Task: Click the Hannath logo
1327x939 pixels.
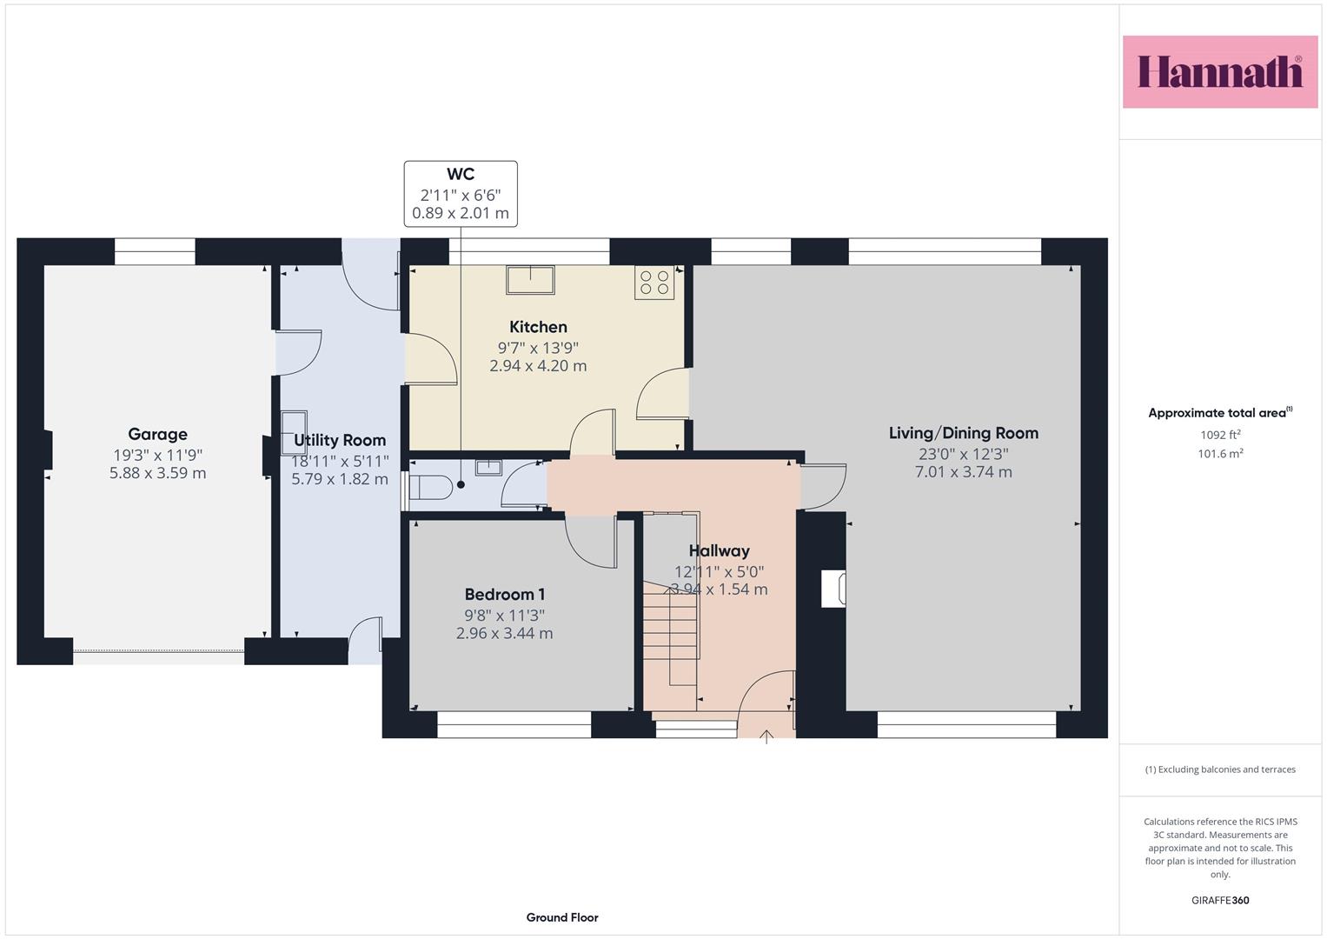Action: [x=1220, y=71]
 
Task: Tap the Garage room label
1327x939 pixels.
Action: [x=157, y=434]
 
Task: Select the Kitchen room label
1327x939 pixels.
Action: [x=538, y=327]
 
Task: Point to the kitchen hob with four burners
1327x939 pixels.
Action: [x=654, y=283]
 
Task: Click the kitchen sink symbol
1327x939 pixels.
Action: [x=530, y=280]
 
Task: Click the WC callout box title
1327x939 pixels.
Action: [x=461, y=174]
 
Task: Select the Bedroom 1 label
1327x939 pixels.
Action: [x=504, y=594]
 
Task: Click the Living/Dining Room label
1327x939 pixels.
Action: [x=963, y=433]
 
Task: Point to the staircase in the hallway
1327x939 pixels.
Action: [x=671, y=633]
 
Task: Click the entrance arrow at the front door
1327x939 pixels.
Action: [x=766, y=737]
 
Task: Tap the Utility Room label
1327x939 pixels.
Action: [x=340, y=440]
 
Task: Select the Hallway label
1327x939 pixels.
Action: [x=720, y=550]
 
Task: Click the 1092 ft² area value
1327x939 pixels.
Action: [x=1220, y=435]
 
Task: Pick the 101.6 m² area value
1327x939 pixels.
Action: [x=1220, y=454]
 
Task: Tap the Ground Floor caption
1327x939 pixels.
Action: [x=562, y=917]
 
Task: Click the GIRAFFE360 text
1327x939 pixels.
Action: [x=1220, y=900]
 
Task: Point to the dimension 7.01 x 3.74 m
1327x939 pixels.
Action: [x=963, y=472]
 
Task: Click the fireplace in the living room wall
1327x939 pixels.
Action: [x=833, y=589]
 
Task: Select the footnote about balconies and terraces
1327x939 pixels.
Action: [x=1220, y=769]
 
